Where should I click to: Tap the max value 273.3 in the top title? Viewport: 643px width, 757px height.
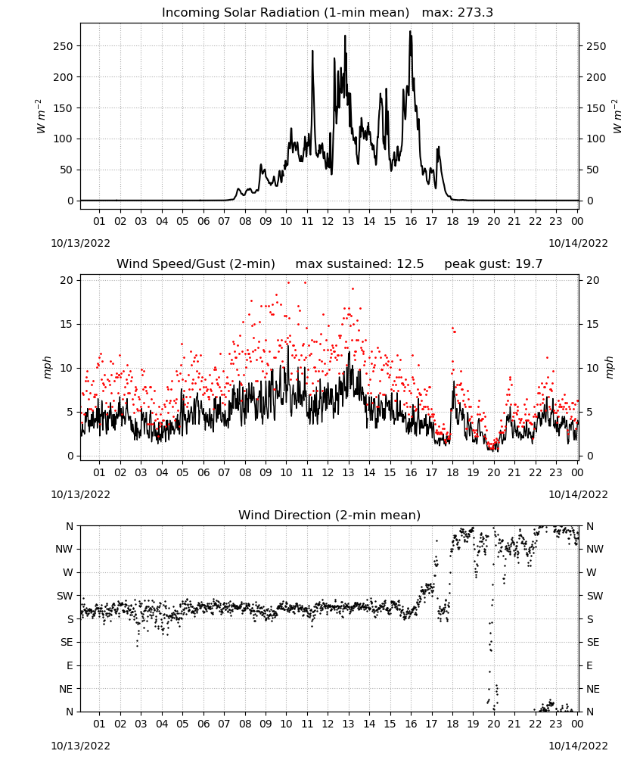[x=475, y=12]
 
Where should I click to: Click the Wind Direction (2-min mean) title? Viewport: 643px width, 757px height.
[x=330, y=515]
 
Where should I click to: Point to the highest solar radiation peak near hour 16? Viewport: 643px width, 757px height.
[x=411, y=31]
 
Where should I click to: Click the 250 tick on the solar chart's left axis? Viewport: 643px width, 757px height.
[x=64, y=46]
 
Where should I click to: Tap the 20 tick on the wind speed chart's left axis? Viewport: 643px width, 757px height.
[x=67, y=281]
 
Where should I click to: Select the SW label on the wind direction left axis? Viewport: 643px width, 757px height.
[x=65, y=596]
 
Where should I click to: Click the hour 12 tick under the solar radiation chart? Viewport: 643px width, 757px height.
[x=328, y=221]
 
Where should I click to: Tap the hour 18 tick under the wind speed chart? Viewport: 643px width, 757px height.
[x=452, y=472]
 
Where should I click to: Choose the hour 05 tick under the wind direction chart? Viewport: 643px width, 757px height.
[x=182, y=724]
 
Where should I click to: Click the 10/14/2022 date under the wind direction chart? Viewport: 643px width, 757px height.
[x=578, y=746]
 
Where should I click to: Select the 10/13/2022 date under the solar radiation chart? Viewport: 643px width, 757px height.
[x=80, y=243]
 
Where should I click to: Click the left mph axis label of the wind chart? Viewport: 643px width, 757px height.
[x=47, y=368]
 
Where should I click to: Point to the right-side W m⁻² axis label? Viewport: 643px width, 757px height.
[x=617, y=116]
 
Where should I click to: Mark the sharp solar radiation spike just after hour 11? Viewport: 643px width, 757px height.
[x=312, y=51]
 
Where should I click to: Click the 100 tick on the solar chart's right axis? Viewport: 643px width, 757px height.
[x=596, y=139]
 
